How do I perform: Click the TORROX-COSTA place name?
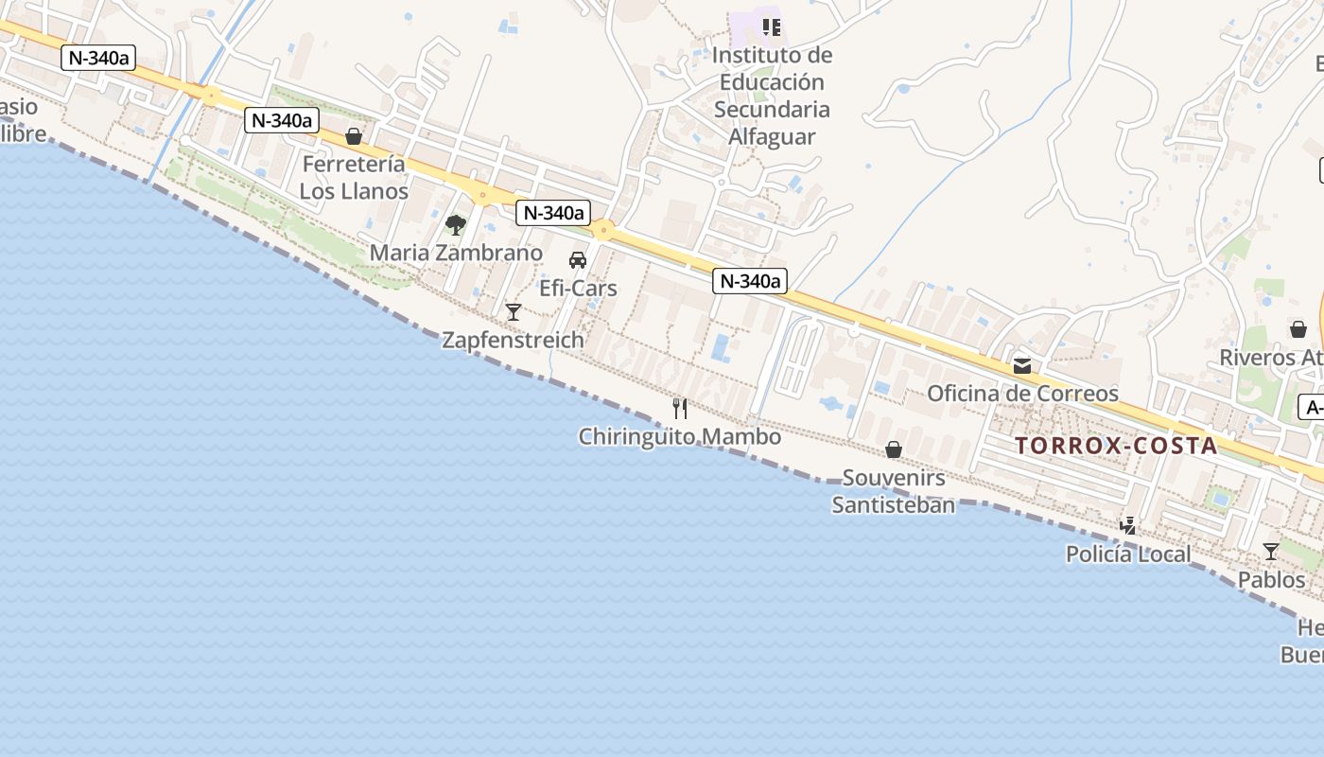click(x=1116, y=446)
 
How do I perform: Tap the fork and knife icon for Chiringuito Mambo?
click(x=679, y=408)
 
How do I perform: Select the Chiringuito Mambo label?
click(x=679, y=437)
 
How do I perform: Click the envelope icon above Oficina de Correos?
click(x=1022, y=365)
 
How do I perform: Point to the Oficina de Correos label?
click(x=1022, y=394)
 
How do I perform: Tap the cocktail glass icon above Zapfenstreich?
click(x=514, y=311)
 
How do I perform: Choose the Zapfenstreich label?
click(x=513, y=340)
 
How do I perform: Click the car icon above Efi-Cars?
click(x=577, y=260)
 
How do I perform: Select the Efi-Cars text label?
click(x=578, y=289)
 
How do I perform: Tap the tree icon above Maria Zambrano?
click(x=456, y=225)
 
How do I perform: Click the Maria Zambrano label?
click(x=456, y=253)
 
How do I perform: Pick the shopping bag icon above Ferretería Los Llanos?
click(x=354, y=136)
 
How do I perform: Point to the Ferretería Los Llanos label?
click(x=354, y=177)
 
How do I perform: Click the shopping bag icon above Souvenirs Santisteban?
click(x=894, y=449)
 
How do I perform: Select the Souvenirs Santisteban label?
click(x=894, y=491)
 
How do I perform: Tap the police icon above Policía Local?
click(x=1127, y=525)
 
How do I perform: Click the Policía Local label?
click(x=1128, y=555)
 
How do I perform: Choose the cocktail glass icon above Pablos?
click(x=1271, y=551)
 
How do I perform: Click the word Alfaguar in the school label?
click(x=772, y=136)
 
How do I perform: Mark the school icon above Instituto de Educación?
click(x=772, y=26)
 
